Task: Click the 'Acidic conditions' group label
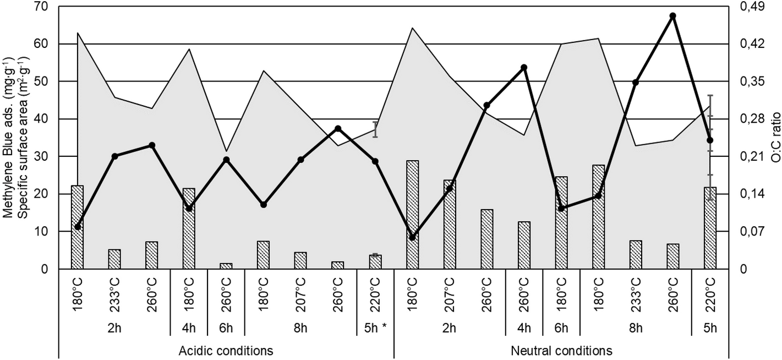click(x=226, y=351)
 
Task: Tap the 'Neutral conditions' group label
click(x=561, y=351)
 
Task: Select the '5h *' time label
click(x=375, y=329)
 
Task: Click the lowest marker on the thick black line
click(x=413, y=237)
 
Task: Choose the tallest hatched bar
click(x=413, y=215)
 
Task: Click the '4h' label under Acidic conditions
click(x=189, y=329)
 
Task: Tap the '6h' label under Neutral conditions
click(x=561, y=329)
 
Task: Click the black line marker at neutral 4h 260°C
click(x=524, y=68)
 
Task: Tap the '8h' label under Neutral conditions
click(x=636, y=329)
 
